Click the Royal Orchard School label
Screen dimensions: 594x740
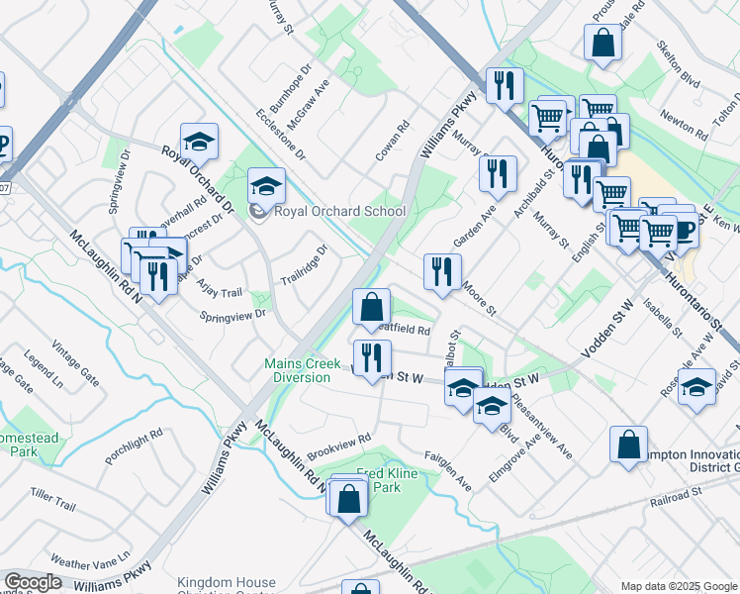(x=340, y=211)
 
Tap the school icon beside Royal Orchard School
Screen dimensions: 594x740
(x=265, y=185)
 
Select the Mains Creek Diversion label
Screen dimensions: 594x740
(x=303, y=370)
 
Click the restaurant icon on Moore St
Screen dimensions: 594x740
(x=442, y=270)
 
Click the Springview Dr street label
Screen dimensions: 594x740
(x=233, y=315)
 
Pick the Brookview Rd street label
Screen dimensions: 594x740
(x=338, y=438)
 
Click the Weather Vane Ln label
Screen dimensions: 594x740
(x=90, y=560)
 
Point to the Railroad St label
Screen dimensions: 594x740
(x=676, y=491)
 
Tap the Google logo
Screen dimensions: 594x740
(x=32, y=583)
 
